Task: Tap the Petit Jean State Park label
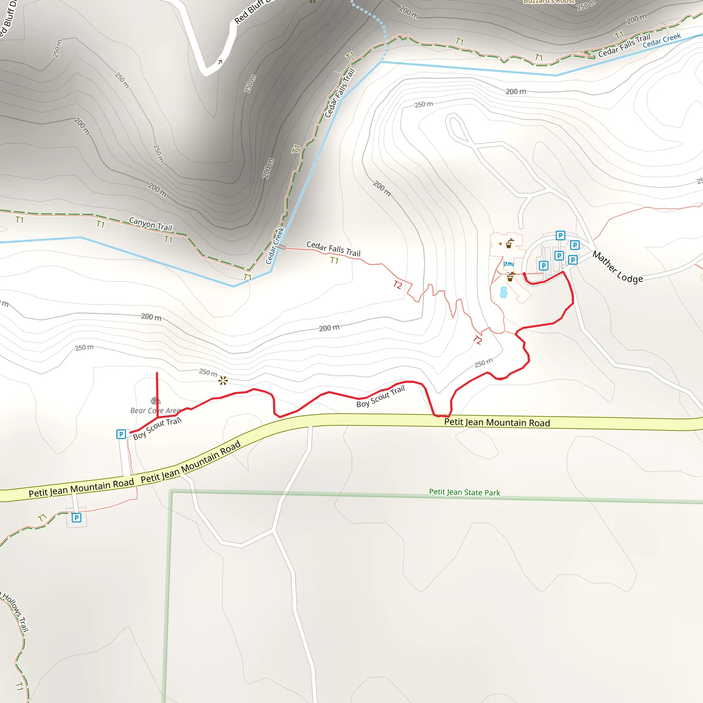[464, 492]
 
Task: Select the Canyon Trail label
[151, 224]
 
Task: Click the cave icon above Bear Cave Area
[156, 401]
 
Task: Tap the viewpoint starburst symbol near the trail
[223, 381]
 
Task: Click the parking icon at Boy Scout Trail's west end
[121, 434]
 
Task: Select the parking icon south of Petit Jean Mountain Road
[77, 517]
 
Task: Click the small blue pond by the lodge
[504, 292]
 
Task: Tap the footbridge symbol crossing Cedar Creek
[281, 247]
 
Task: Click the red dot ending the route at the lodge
[524, 274]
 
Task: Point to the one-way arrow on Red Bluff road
[220, 62]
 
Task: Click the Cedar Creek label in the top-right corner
[661, 41]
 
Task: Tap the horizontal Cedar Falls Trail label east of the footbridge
[333, 249]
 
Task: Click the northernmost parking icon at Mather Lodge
[560, 235]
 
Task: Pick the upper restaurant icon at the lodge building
[509, 243]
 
